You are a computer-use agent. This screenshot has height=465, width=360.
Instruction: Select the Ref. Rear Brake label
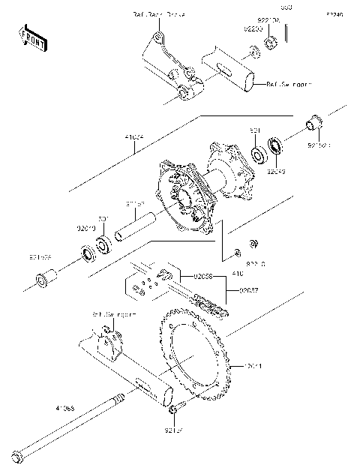pyautogui.click(x=158, y=15)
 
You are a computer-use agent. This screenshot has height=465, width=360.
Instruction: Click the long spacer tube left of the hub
pyautogui.click(x=135, y=226)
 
